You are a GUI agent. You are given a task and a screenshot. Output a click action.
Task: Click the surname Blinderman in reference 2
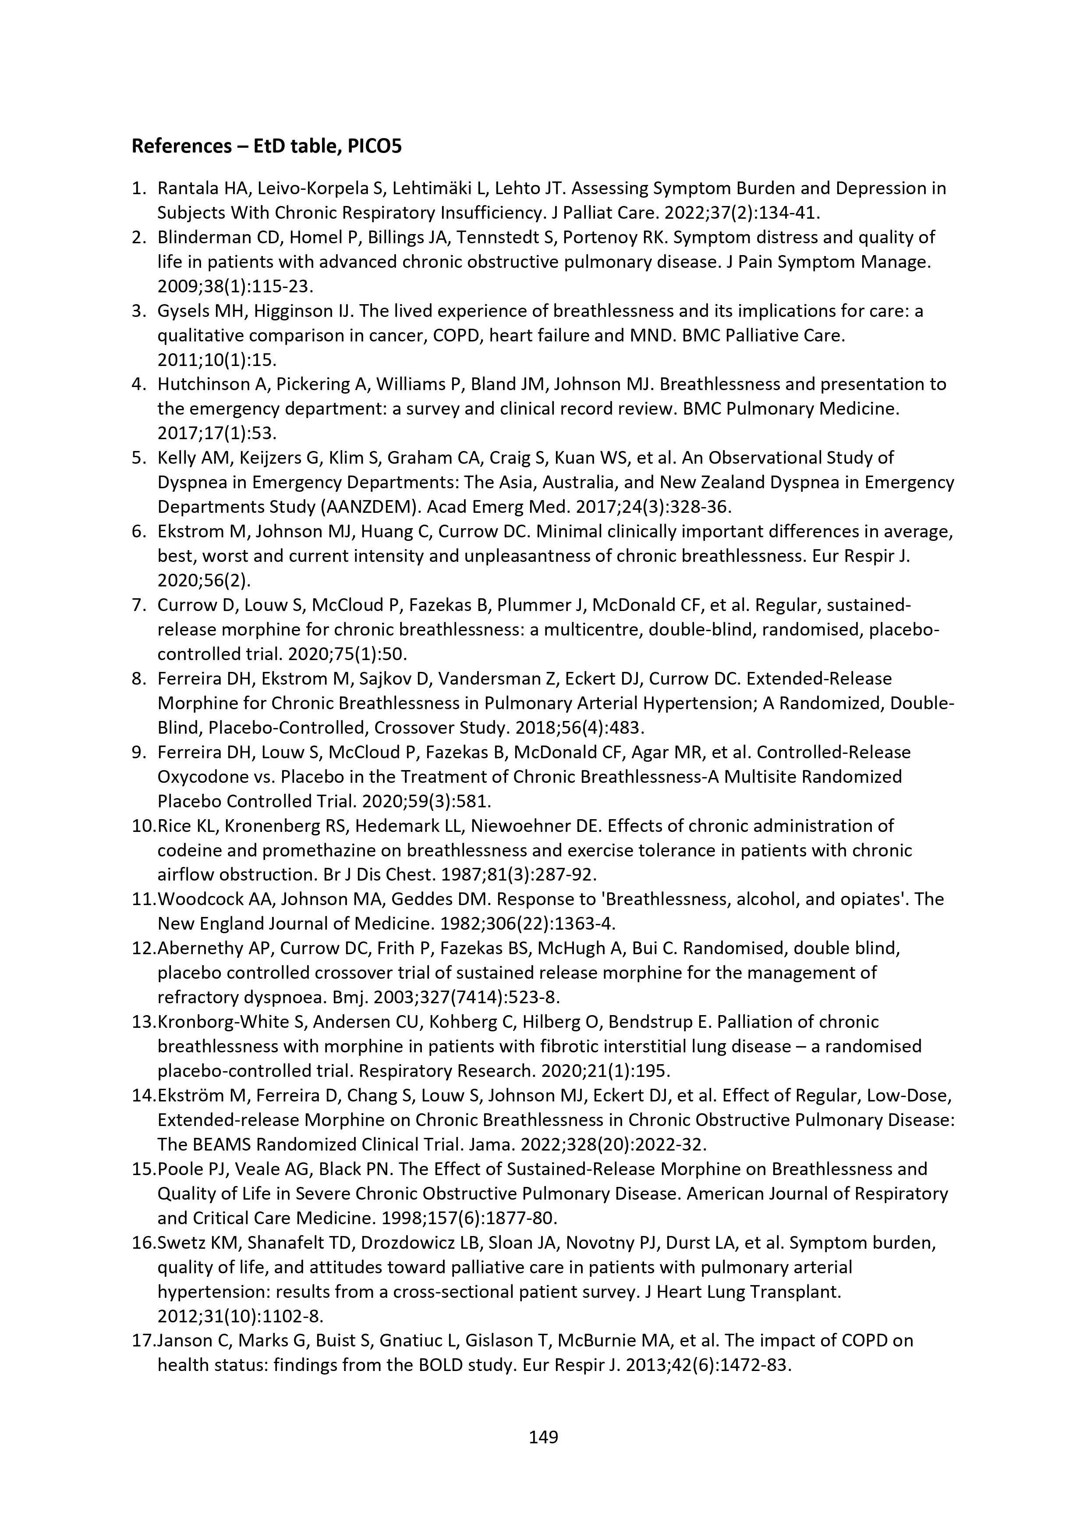200,237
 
